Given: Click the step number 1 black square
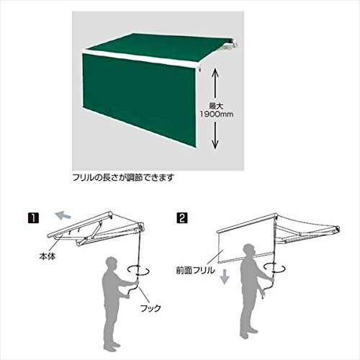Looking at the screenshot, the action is coord(33,218).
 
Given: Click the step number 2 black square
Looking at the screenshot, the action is coord(182,218).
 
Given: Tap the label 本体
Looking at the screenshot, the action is coord(48,256).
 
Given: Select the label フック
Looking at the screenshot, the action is coord(150,308).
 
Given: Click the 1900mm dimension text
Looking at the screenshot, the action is coord(217,114).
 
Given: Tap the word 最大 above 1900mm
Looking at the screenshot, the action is coord(216,106).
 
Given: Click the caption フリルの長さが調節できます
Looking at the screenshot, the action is coord(123,178).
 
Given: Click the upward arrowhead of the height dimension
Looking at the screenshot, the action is coord(215,72).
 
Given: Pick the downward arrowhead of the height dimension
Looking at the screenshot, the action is coord(215,144).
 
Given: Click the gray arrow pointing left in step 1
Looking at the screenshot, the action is coord(63,215).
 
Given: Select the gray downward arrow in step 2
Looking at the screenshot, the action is coord(225,276).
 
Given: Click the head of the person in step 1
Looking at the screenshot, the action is coord(112,264).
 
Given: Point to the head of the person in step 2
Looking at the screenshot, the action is coord(248,251).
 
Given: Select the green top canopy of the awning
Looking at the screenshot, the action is coord(158,48).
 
